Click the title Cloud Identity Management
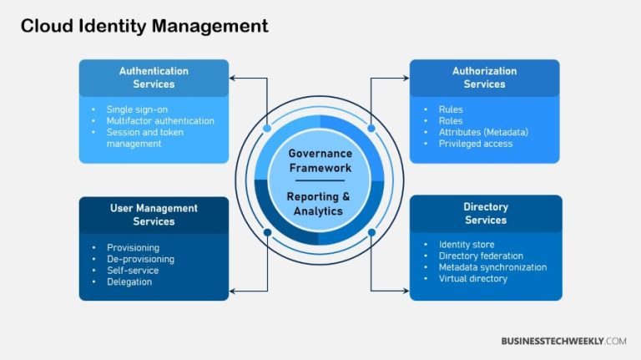144,27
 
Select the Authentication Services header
154,78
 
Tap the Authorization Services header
484,78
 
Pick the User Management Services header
154,215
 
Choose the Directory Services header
485,213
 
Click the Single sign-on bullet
138,109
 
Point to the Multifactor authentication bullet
159,121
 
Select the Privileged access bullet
475,144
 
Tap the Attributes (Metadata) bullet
482,132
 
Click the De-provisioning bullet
140,259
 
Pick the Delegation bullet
129,282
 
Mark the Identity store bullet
466,245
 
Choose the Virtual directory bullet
472,279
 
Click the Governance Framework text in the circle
320,160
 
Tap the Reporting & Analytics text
320,204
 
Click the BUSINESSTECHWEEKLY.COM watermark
563,341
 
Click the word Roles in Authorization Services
451,120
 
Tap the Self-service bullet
133,271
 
